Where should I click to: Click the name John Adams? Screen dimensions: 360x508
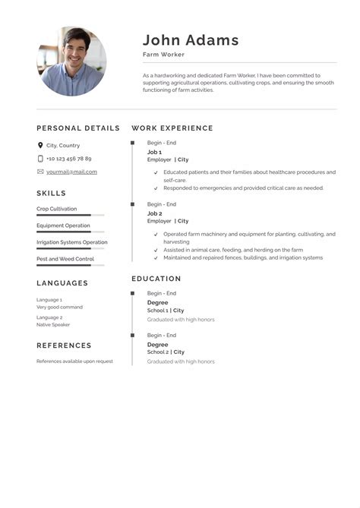[x=191, y=40]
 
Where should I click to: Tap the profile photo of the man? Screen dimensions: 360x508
[x=71, y=62]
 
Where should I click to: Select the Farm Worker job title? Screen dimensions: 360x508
[x=163, y=55]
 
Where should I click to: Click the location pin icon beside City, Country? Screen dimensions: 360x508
[x=40, y=145]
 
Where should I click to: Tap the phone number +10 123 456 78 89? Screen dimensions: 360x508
[x=68, y=159]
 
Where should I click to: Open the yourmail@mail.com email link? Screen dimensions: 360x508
[x=71, y=172]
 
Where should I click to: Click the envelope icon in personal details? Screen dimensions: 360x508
[x=40, y=172]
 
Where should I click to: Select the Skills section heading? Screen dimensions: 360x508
[x=52, y=193]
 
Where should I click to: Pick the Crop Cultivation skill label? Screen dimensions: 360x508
[x=56, y=209]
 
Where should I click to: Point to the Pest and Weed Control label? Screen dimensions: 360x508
[x=65, y=259]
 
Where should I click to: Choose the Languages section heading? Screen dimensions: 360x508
[x=62, y=283]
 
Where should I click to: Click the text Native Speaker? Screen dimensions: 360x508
[x=53, y=324]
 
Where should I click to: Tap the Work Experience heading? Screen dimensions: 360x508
[x=172, y=128]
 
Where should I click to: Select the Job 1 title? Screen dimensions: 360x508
[x=154, y=152]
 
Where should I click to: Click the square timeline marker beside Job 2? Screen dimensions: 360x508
[x=132, y=204]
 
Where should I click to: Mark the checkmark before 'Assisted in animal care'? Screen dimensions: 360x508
[x=156, y=250]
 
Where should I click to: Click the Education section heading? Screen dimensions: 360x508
[x=156, y=279]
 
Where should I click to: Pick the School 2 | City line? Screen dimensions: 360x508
[x=166, y=352]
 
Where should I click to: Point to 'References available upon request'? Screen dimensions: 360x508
[x=74, y=361]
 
